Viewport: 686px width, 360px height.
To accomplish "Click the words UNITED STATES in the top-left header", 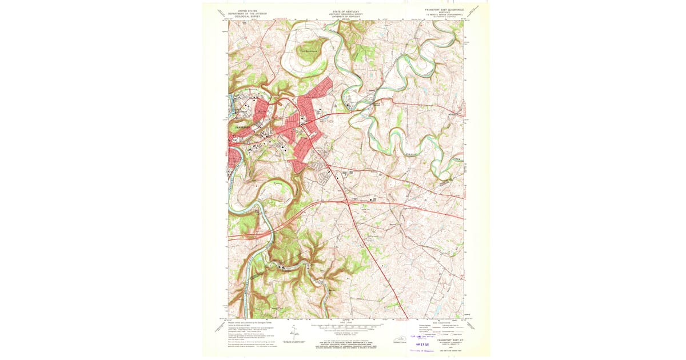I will (244, 10).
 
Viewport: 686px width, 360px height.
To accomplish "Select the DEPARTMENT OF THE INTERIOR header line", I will (244, 13).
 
